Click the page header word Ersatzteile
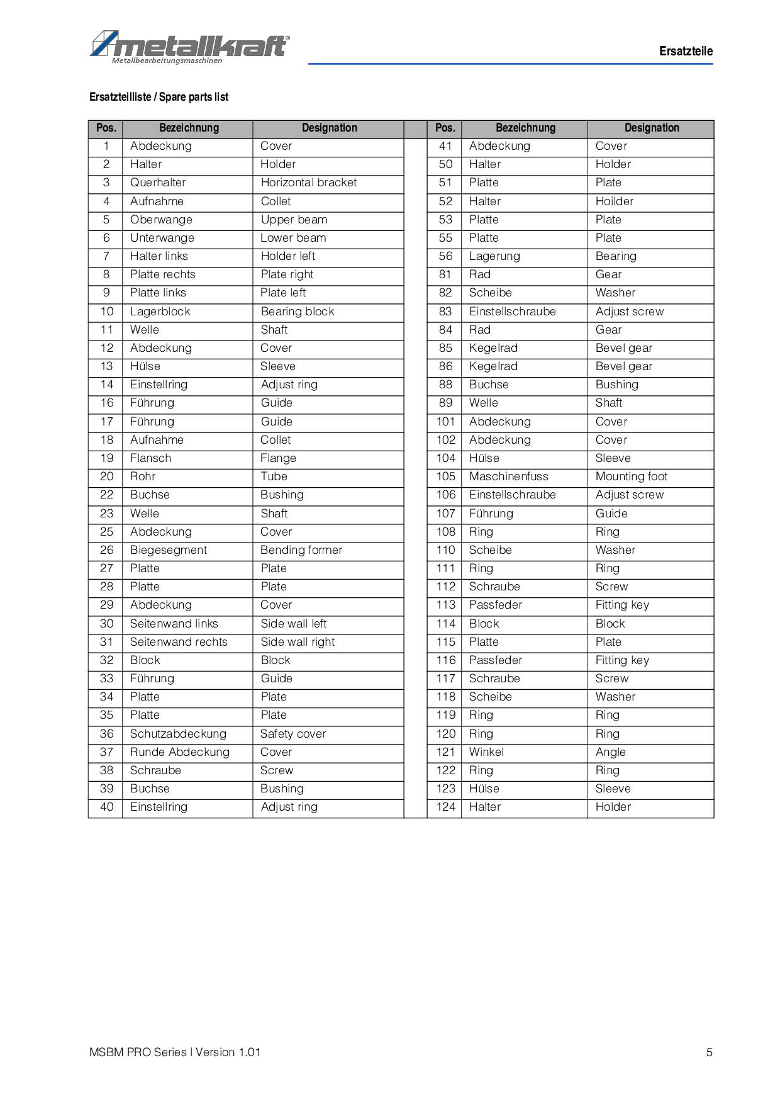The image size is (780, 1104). [686, 52]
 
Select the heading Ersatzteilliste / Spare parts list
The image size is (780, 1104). [159, 97]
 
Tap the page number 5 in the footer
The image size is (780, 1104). [710, 1052]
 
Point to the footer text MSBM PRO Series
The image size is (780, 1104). [138, 1052]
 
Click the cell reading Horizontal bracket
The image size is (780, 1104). [308, 183]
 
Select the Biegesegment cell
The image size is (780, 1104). [169, 550]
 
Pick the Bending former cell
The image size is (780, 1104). [301, 550]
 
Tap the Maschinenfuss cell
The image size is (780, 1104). [508, 476]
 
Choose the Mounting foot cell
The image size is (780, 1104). [632, 476]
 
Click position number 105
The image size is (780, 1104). [445, 476]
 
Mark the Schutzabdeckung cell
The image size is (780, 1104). [178, 734]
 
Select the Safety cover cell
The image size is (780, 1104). [293, 734]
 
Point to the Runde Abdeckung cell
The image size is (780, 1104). [180, 752]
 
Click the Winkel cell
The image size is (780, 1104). [486, 752]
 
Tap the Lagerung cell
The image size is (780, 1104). [494, 256]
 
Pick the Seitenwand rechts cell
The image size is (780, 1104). [179, 642]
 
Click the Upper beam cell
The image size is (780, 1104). [294, 220]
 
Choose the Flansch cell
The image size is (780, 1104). [150, 458]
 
